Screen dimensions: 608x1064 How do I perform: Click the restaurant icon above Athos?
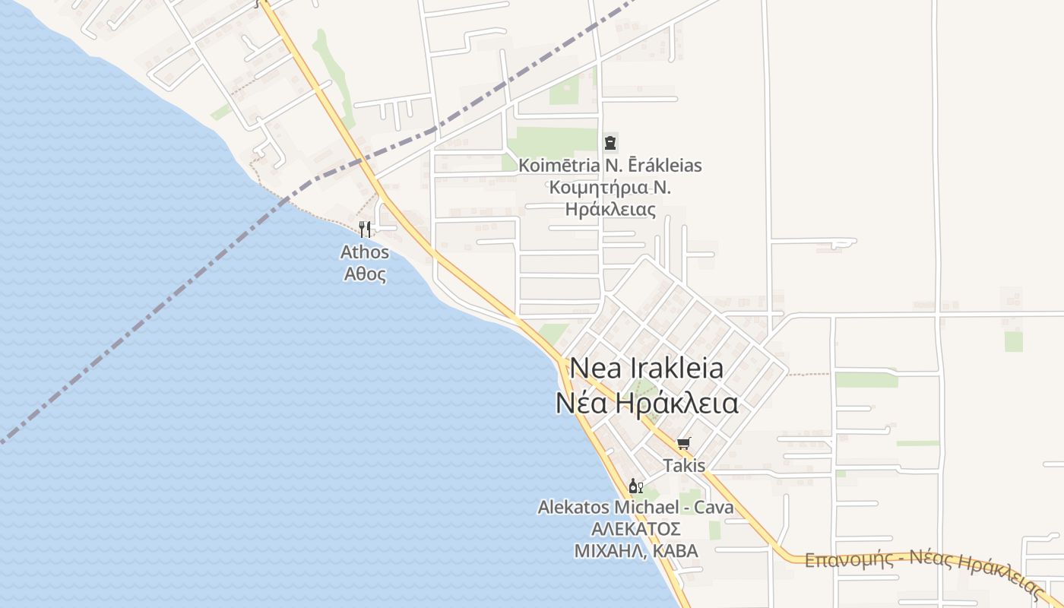(x=365, y=229)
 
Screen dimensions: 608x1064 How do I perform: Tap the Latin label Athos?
(x=365, y=252)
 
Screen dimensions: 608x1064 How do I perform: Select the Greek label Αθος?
(x=365, y=274)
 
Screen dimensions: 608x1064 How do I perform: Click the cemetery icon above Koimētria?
(x=610, y=142)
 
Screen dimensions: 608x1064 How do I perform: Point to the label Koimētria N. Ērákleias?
(x=610, y=165)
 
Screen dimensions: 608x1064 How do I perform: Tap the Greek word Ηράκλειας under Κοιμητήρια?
(x=610, y=209)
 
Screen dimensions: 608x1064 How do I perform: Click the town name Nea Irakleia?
(x=647, y=368)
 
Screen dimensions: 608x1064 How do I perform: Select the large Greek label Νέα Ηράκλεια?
(x=647, y=403)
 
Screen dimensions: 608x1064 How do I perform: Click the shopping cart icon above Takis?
(x=683, y=443)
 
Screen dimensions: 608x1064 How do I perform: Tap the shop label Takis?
(x=684, y=465)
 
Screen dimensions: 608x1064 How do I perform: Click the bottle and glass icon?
(x=636, y=486)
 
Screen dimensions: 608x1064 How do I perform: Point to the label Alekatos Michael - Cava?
(x=635, y=507)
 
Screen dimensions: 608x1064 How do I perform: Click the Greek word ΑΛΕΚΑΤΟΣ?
(x=635, y=529)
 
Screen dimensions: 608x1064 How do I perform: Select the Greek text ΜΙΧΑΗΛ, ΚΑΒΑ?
(x=635, y=551)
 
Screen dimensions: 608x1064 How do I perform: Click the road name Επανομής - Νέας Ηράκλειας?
(x=923, y=570)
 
